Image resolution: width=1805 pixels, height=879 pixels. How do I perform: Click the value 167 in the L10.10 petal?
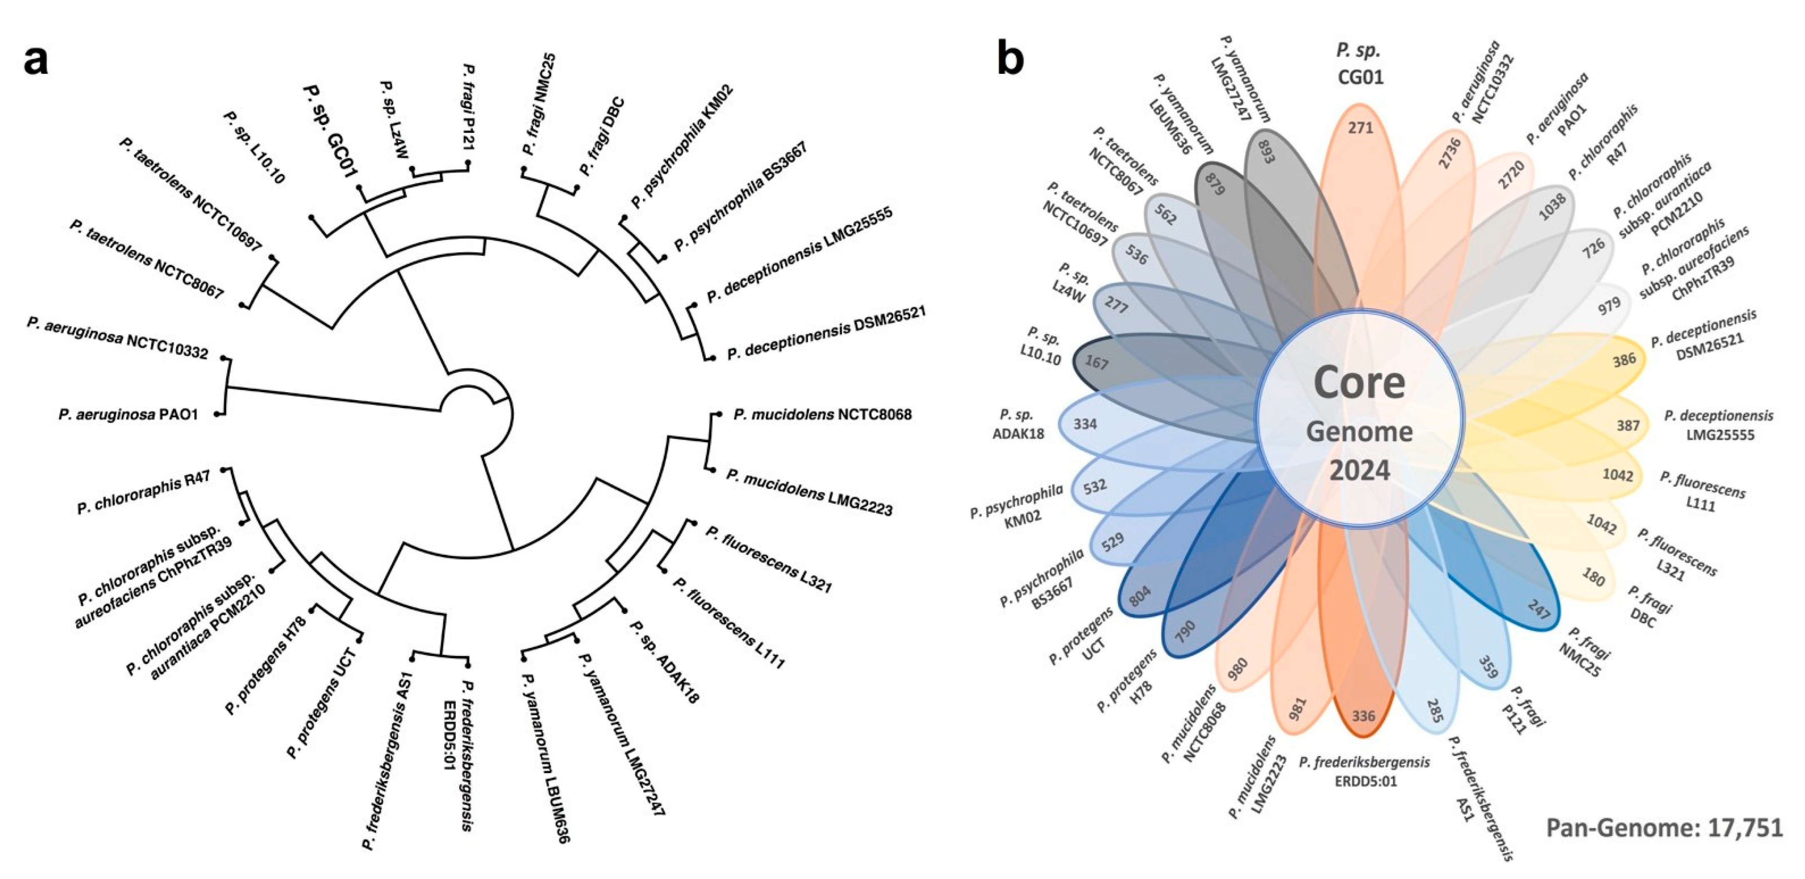coord(1097,363)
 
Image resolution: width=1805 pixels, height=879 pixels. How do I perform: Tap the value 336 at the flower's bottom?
coord(1363,716)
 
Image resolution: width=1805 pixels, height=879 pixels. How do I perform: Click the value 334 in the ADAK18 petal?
coord(1085,424)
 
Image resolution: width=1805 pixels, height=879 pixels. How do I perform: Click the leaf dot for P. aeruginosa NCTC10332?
coord(224,358)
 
